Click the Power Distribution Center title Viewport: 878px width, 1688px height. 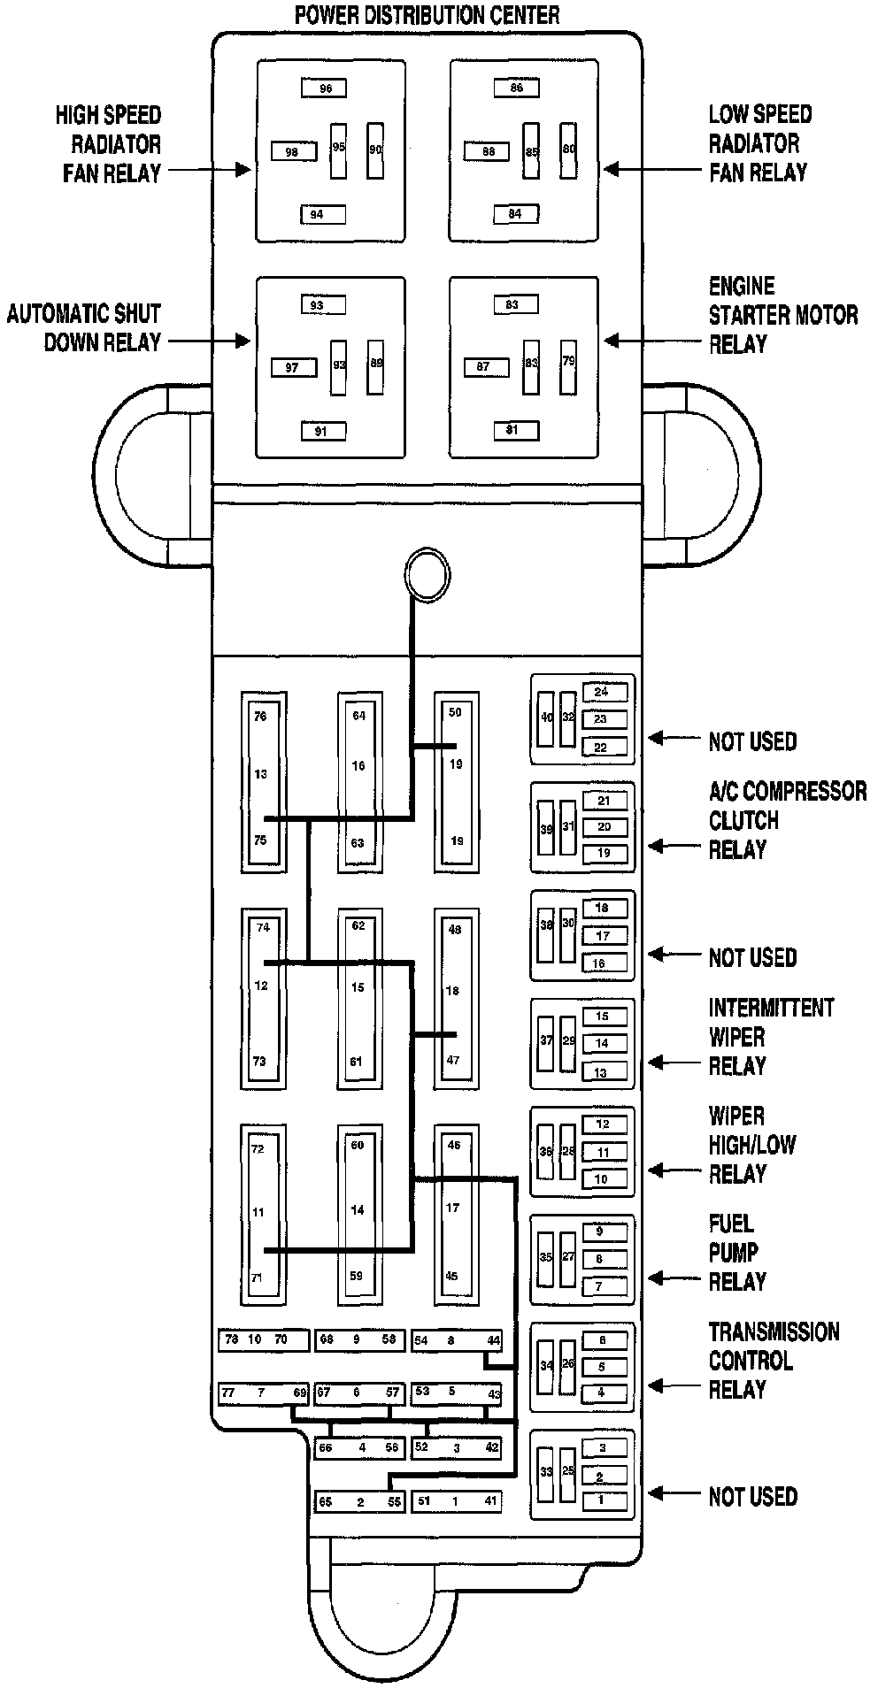(427, 15)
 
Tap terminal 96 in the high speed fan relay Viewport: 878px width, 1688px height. (323, 88)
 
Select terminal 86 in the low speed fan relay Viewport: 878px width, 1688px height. (516, 88)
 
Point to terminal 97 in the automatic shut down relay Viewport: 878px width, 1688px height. (293, 367)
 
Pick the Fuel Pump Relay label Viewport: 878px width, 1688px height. (736, 1253)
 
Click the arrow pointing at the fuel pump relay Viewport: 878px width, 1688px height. (671, 1278)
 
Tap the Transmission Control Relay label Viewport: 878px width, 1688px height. (774, 1361)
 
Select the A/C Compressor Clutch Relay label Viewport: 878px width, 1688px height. (787, 820)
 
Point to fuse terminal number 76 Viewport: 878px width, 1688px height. (260, 717)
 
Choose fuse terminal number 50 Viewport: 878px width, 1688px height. (455, 712)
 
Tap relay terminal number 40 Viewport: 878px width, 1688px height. (547, 717)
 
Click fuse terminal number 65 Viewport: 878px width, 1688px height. (326, 1502)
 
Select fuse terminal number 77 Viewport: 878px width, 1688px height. (228, 1393)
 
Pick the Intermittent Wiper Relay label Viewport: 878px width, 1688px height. (771, 1037)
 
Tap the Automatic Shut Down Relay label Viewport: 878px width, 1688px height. (84, 327)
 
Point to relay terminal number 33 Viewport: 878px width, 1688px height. (547, 1471)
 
